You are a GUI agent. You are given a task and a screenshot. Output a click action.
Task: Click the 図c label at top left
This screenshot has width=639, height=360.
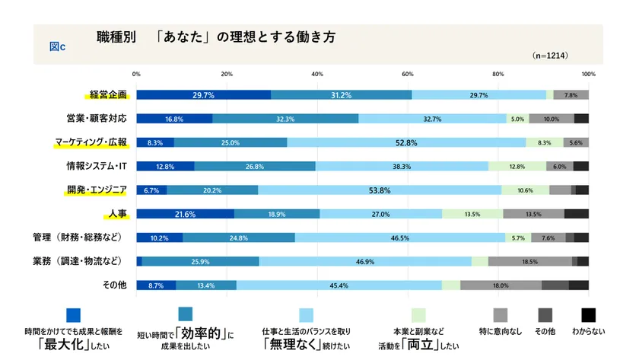57,46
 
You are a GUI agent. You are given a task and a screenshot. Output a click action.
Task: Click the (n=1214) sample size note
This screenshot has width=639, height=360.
550,56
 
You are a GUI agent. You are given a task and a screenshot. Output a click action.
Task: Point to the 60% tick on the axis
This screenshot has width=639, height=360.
408,74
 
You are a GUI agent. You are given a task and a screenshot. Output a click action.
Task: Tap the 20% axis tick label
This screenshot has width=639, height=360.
227,74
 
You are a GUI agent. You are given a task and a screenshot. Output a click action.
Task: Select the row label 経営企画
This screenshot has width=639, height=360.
107,95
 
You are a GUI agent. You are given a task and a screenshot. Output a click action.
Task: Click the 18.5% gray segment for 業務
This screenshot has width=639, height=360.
529,261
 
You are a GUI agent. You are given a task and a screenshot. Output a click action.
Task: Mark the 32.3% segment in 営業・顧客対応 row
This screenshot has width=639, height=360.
285,119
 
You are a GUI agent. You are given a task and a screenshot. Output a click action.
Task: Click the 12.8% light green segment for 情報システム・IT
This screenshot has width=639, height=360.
517,166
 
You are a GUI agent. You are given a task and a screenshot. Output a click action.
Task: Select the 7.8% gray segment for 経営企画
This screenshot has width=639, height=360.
571,95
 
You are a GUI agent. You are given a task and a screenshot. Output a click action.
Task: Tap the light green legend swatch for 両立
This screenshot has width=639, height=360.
418,314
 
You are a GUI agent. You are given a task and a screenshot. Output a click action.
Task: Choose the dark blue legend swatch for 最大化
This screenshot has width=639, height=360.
74,314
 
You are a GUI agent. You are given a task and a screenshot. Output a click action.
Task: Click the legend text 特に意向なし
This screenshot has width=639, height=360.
499,332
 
